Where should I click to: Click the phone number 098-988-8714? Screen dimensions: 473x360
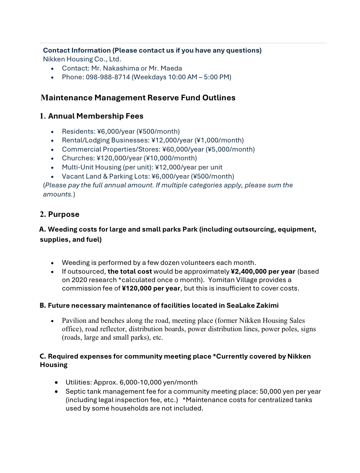coord(108,77)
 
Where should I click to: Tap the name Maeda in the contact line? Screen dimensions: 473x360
coord(171,68)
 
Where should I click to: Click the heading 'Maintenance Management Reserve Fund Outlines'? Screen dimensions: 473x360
coord(138,98)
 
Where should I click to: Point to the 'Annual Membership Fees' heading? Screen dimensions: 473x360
coord(95,116)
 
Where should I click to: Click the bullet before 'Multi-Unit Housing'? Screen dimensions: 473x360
coord(52,168)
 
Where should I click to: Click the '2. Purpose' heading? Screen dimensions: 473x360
coord(60,214)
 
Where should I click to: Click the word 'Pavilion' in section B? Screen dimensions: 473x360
coord(74,321)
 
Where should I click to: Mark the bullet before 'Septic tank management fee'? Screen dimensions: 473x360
coord(56,392)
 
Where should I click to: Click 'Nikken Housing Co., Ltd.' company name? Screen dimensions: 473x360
coord(82,59)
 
